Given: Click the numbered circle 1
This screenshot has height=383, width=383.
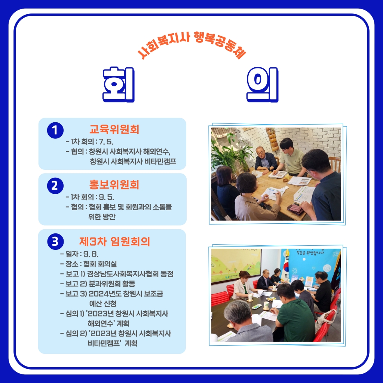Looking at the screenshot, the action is point(55,130).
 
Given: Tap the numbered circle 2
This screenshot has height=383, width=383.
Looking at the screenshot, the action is point(55,186).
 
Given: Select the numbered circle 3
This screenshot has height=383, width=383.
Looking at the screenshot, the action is point(55,241).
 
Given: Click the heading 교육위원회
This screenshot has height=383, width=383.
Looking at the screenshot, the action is point(114,129).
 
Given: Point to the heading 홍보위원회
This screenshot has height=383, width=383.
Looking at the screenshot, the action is point(114,185).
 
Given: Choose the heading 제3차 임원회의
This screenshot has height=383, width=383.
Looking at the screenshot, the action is point(114,242).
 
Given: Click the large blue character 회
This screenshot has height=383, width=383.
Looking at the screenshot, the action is point(119,85).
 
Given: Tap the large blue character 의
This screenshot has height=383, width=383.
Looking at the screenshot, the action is point(263,85).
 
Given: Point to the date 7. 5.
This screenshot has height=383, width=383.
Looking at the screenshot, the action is point(106,142).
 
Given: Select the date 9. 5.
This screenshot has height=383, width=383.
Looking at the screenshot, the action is point(106,197).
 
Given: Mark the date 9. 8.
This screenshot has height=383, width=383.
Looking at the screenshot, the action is point(91,254).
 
